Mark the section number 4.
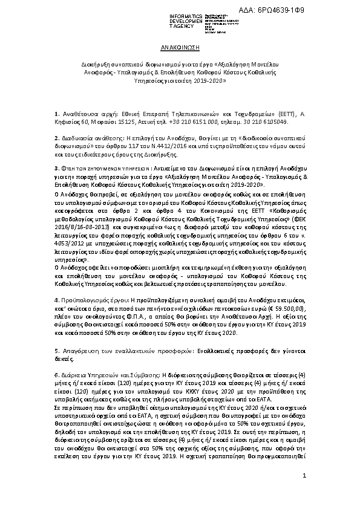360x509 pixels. pyautogui.click(x=56, y=299)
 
